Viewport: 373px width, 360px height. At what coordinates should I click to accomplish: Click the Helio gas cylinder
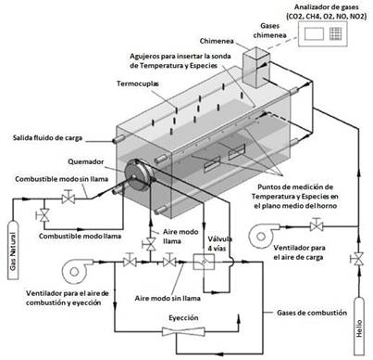tap(359, 326)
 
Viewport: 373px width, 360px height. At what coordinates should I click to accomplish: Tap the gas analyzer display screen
tap(314, 33)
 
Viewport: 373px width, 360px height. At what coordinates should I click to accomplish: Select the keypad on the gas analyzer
tap(335, 33)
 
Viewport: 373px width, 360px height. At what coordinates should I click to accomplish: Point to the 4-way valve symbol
tap(204, 262)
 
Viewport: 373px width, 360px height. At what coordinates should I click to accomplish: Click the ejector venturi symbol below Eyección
tap(183, 331)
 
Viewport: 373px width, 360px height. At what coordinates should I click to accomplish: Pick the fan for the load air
tap(263, 236)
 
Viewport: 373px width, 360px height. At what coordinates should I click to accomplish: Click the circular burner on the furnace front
tap(138, 175)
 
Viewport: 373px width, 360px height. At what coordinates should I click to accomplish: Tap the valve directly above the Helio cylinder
tap(358, 259)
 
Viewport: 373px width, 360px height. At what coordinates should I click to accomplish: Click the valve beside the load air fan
tap(317, 225)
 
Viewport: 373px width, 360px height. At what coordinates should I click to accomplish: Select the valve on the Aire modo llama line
tap(150, 244)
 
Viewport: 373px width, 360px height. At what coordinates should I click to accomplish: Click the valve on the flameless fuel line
tap(68, 198)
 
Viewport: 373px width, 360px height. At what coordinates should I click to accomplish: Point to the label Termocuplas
tap(138, 84)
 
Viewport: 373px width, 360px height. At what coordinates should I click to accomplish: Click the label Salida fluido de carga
tap(47, 137)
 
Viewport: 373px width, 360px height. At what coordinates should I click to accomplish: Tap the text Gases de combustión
tap(312, 313)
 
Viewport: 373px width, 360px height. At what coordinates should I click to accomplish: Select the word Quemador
tap(86, 161)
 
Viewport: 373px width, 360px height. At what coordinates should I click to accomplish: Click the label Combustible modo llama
tap(80, 236)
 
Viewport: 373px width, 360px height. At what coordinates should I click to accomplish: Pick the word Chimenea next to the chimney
tap(217, 41)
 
